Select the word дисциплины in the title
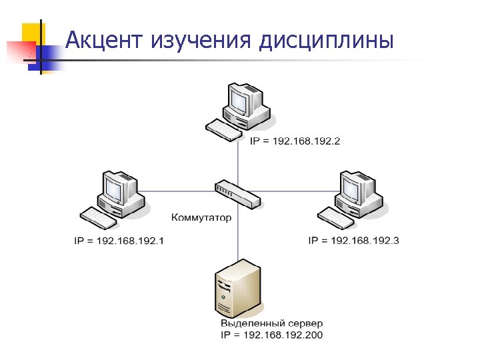[x=327, y=41]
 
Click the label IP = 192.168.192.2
[x=295, y=141]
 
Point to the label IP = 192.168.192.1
[x=119, y=241]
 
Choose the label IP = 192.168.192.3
[x=354, y=240]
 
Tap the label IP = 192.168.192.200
[x=271, y=335]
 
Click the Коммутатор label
[x=202, y=217]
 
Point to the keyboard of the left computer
[x=99, y=217]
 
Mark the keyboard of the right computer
[x=335, y=217]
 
